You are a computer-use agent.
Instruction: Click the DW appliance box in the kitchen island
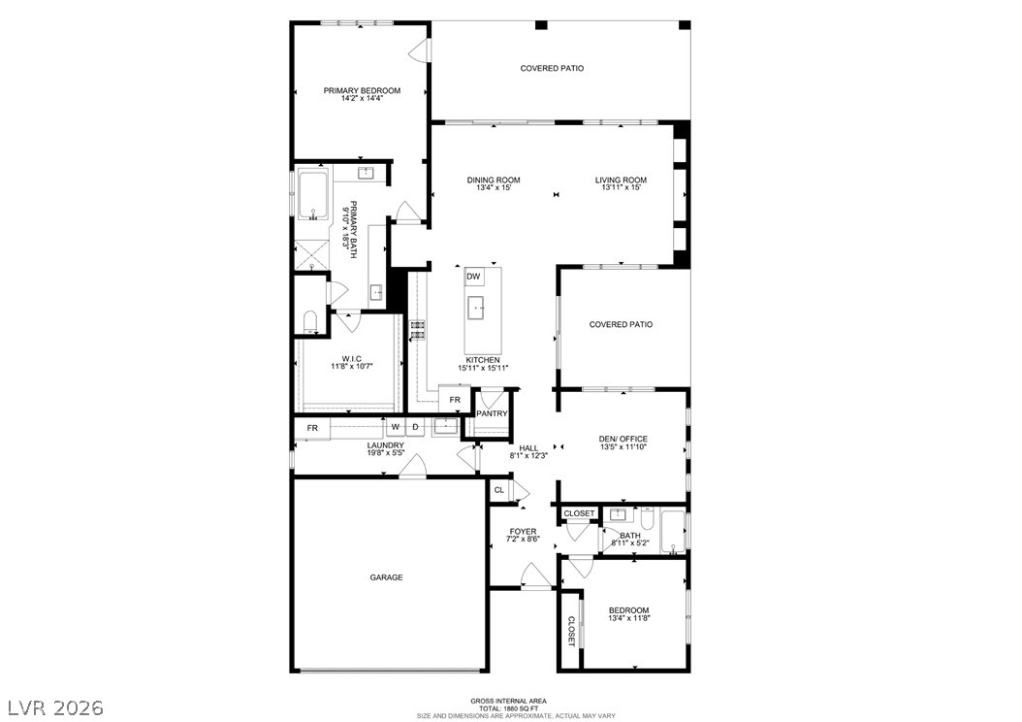coord(474,277)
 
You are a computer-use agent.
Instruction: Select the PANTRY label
coord(492,413)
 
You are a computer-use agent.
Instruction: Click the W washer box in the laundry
coord(396,427)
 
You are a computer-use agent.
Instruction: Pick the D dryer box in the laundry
coord(415,427)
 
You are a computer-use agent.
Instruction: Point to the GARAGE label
coord(387,577)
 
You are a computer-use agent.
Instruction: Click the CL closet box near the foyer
coord(499,490)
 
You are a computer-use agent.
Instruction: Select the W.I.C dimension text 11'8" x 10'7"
coord(352,367)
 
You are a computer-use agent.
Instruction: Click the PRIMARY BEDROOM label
coord(362,90)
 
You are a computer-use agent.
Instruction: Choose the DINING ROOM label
coord(494,180)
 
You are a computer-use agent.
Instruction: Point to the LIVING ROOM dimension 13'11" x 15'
coord(621,188)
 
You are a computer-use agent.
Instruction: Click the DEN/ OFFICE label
coord(623,439)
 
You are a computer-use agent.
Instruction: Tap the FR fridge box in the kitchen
coord(455,400)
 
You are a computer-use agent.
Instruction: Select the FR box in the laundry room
coord(312,429)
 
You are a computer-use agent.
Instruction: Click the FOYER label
coord(523,532)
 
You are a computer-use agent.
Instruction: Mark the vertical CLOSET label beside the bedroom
coord(571,631)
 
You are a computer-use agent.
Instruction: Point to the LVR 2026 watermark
coord(55,707)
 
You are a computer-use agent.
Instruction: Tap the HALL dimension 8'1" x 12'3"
coord(527,456)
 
